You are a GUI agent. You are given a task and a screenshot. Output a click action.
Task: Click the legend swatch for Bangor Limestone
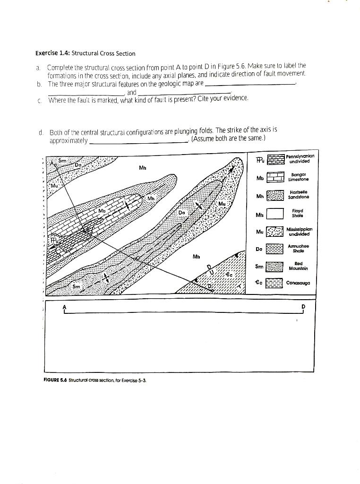[x=275, y=178]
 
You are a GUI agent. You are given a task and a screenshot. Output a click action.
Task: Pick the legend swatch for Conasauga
[x=275, y=283]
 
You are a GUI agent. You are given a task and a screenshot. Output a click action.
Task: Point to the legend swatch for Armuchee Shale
[x=275, y=249]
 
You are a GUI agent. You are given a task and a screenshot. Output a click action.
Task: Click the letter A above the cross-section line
[x=63, y=306]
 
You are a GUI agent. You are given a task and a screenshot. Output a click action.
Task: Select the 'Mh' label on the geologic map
[x=151, y=199]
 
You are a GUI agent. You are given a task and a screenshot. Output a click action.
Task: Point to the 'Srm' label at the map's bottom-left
[x=76, y=286]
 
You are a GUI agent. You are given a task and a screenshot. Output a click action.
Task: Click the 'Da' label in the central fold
[x=181, y=213]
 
